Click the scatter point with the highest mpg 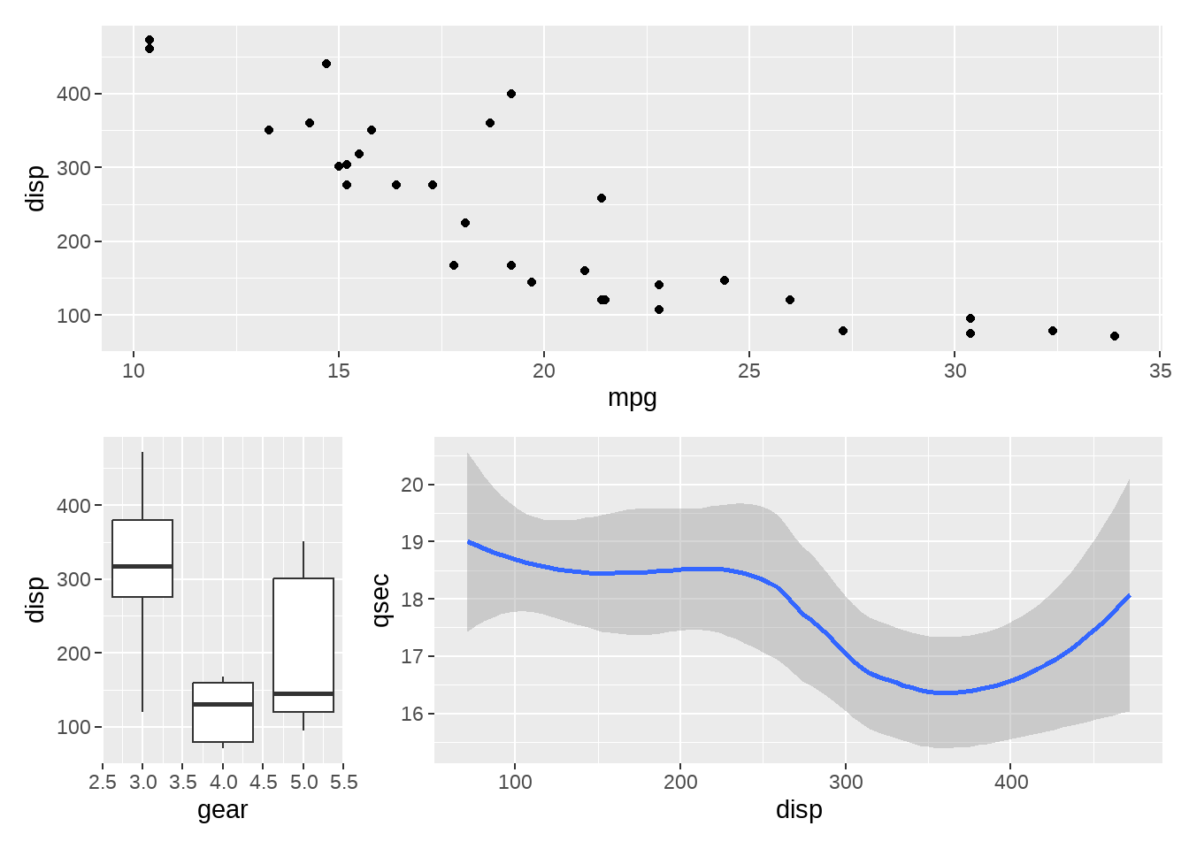pos(1115,336)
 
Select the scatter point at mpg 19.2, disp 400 pos(511,94)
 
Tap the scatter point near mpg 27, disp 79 pos(843,331)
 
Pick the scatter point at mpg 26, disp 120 pos(790,300)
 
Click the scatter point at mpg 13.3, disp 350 pos(269,130)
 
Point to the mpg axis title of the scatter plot pos(632,398)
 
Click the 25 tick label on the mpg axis pos(749,371)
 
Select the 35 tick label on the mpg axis pos(1160,371)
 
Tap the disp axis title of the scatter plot pos(35,188)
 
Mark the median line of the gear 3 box pos(142,566)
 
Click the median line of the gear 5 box pos(303,693)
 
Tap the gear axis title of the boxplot pos(222,810)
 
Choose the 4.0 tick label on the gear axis pos(223,783)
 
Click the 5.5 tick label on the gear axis pos(343,783)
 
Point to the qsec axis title pos(380,600)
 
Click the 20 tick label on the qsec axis pos(412,485)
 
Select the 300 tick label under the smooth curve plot pos(846,783)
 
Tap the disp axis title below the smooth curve pos(799,810)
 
